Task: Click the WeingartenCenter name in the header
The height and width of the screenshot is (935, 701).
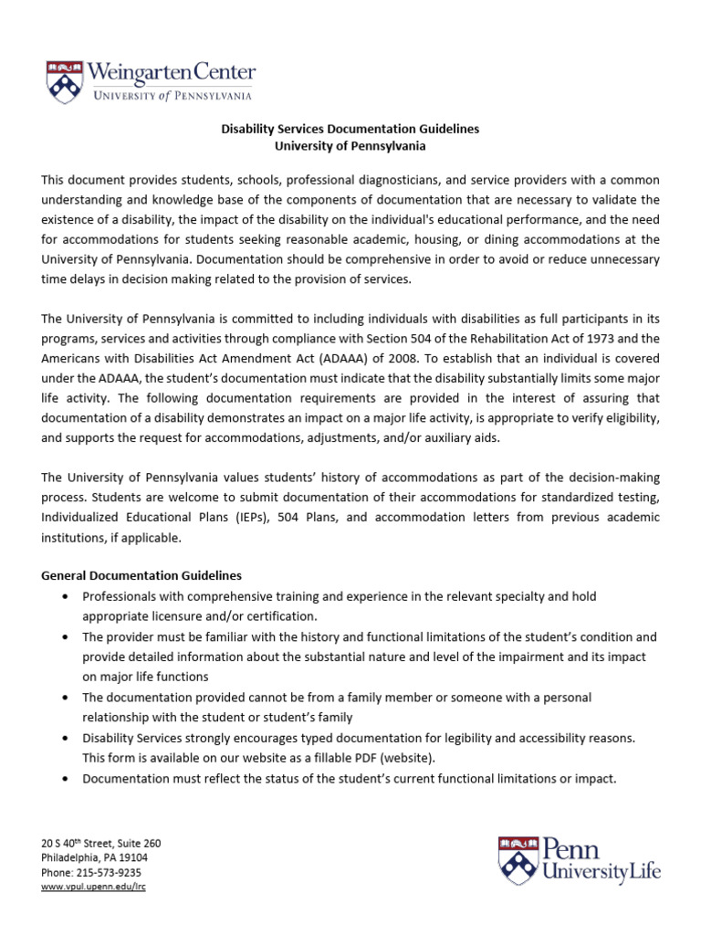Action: [x=172, y=72]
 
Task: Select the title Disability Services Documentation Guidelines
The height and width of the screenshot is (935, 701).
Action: [x=350, y=130]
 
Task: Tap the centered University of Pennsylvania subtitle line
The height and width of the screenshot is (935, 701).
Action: [x=350, y=146]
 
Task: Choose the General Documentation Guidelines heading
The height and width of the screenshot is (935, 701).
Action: [x=141, y=575]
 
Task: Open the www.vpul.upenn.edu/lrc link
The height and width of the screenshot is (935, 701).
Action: [x=93, y=887]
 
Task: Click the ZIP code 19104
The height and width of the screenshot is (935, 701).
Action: [x=131, y=857]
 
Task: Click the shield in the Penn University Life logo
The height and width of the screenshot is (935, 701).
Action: [x=518, y=860]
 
